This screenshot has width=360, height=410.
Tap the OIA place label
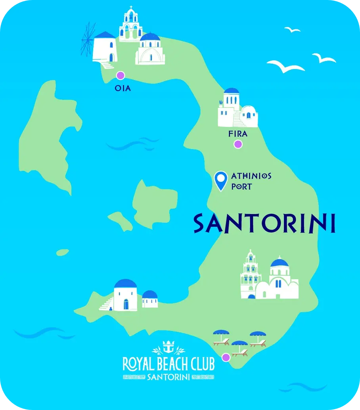coord(123,88)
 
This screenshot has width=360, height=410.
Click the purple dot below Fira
coord(238,144)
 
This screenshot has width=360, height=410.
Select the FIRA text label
coord(238,134)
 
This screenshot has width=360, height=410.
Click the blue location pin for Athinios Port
coord(220,180)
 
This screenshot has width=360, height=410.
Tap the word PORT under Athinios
coord(241,186)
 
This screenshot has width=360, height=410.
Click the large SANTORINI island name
coord(264,224)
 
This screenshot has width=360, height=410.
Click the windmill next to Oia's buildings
coord(88,39)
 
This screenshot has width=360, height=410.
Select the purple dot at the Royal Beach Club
coord(226,357)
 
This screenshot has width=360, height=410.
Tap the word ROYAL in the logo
coord(137,364)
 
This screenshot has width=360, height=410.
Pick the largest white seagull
coord(285,66)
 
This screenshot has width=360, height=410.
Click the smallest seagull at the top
coord(292,30)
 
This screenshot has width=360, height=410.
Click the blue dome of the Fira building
coord(232,92)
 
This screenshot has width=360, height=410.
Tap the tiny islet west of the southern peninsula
coord(62,252)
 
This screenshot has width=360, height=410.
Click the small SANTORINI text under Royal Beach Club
coord(168,377)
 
